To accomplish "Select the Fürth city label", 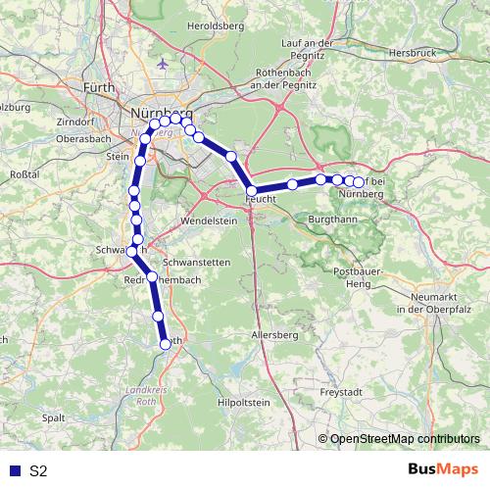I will point(98,88).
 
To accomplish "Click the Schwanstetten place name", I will point(196,263).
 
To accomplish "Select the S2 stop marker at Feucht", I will point(252,191).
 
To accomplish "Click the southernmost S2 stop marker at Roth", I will point(167,343).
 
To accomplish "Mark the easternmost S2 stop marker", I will point(359,182).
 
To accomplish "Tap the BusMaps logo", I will point(442,470).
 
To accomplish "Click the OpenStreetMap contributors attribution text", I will point(404,439).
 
